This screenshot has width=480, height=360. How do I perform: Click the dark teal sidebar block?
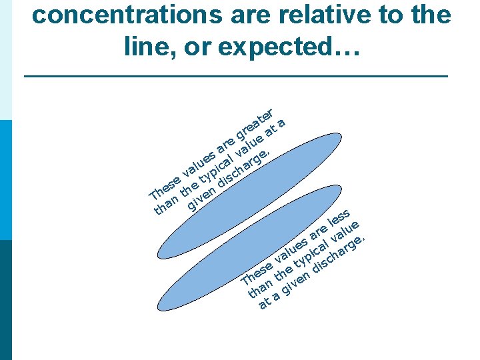point(6,300)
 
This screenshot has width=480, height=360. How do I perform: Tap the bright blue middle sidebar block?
point(6,180)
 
